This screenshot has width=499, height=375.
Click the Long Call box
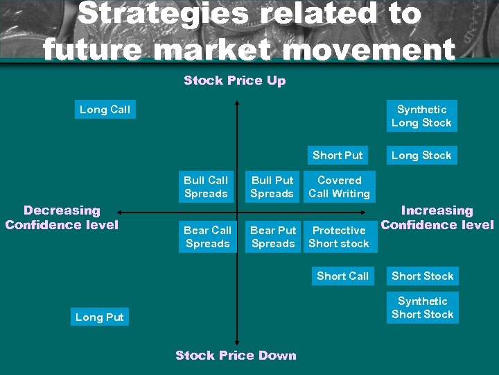click(105, 109)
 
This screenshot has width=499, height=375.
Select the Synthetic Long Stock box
click(421, 116)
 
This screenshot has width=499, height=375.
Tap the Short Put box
click(338, 156)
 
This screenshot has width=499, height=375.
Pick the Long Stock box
click(421, 156)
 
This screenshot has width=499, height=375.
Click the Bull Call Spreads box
click(206, 187)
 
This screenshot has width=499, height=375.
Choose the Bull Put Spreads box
click(272, 187)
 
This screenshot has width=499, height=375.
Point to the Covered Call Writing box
click(340, 187)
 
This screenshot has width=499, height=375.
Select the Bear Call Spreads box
click(207, 237)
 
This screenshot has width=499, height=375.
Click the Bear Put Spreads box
click(273, 237)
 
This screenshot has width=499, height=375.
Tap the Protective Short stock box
click(340, 237)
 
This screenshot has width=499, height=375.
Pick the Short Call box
click(342, 276)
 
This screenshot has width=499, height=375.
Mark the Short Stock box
click(422, 276)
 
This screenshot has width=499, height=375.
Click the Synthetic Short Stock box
click(422, 308)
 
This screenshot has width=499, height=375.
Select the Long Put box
click(100, 317)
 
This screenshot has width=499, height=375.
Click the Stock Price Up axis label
click(235, 81)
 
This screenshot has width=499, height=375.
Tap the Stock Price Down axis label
click(236, 356)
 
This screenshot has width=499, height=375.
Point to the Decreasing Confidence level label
click(62, 217)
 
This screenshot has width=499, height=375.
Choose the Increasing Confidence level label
click(437, 217)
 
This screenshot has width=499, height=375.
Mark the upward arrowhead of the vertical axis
click(236, 104)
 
